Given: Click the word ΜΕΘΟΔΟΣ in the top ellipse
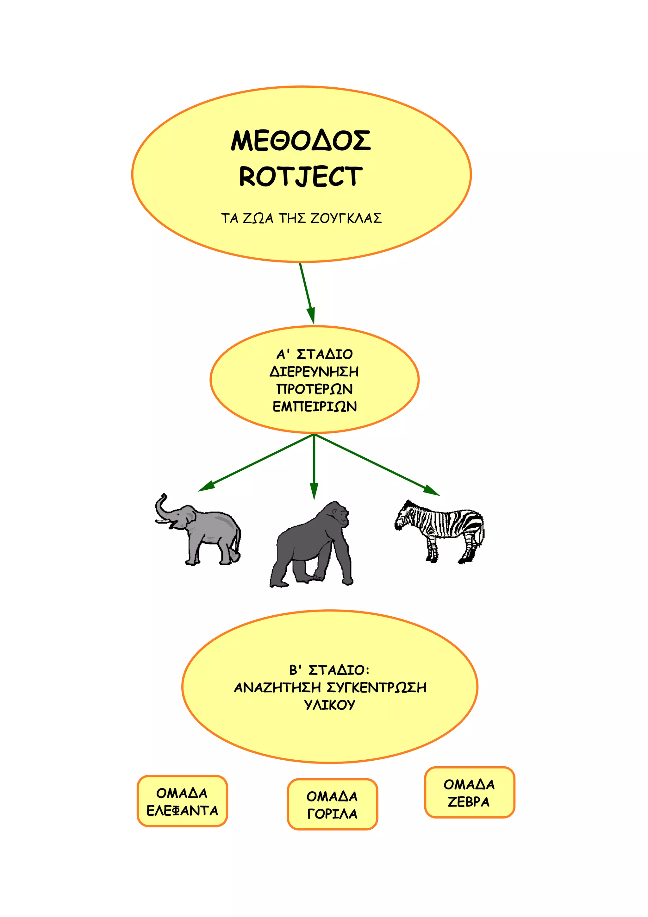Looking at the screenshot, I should click(301, 141).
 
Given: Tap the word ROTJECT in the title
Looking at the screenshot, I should click(301, 177).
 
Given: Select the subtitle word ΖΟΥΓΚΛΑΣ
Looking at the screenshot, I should click(346, 218).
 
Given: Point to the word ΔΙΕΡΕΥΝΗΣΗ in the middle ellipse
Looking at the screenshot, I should click(314, 372).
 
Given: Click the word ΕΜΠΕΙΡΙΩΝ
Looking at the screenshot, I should click(315, 406).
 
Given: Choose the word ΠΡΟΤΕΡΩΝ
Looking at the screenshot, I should click(315, 389).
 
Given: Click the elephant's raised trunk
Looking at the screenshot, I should click(160, 506).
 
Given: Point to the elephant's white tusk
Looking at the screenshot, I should click(162, 521).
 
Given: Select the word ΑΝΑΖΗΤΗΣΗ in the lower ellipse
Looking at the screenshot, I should click(277, 688).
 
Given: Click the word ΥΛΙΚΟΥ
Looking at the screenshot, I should click(330, 705).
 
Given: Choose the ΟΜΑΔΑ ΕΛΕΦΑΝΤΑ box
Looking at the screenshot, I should click(182, 801).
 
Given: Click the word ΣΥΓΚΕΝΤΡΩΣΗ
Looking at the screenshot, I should click(377, 688).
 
